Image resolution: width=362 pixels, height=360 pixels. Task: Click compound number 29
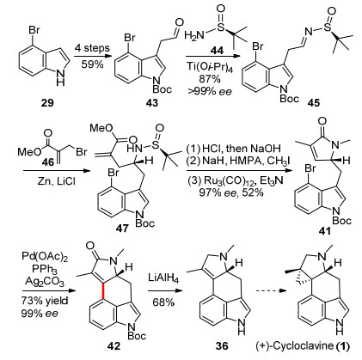click(47, 102)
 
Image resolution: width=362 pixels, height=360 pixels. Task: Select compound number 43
click(152, 102)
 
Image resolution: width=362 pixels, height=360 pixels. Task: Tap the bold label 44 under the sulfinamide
click(217, 51)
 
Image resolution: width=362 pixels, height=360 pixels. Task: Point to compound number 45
click(313, 102)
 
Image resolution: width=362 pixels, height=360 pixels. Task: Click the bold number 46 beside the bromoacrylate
click(48, 162)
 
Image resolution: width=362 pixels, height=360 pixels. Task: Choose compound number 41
click(324, 230)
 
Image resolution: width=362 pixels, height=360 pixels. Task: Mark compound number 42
click(114, 346)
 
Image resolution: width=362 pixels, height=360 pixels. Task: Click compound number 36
click(222, 346)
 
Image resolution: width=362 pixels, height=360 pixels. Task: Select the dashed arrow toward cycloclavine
click(271, 290)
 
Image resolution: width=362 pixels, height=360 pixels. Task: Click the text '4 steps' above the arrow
click(92, 48)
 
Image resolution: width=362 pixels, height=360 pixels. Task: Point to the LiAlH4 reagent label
click(163, 278)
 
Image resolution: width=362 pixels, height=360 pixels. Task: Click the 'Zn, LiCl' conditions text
click(56, 181)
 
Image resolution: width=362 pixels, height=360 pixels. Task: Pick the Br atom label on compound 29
click(34, 30)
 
